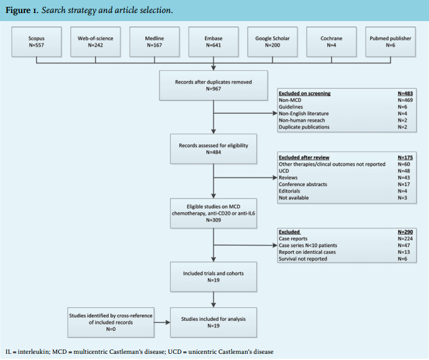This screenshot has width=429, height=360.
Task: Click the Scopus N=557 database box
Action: tap(37, 42)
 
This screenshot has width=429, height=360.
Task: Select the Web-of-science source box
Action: tap(95, 42)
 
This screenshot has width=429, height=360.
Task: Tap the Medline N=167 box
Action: tap(155, 42)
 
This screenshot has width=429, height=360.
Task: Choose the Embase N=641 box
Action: tap(214, 42)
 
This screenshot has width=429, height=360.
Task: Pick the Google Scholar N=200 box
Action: tap(273, 42)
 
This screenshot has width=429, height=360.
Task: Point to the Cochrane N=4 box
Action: tap(332, 42)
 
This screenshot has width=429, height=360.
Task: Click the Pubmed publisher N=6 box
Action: tap(391, 42)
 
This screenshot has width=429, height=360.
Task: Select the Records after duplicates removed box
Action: tap(214, 86)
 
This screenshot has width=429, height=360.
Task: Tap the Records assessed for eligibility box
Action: tap(214, 149)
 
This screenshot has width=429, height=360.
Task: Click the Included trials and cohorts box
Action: tap(214, 277)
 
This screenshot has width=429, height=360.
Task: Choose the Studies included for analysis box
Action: tap(214, 322)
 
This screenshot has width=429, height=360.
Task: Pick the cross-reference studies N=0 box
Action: tap(111, 322)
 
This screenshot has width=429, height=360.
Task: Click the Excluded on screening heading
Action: tap(304, 94)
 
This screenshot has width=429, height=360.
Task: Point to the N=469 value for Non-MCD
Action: tap(405, 100)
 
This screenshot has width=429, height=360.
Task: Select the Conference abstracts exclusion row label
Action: tap(303, 184)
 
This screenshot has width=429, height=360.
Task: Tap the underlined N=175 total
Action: tap(405, 158)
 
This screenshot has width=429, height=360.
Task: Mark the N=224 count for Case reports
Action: tap(405, 238)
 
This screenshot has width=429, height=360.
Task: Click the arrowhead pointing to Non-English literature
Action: tap(275, 113)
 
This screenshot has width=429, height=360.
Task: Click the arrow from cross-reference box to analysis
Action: tap(162, 322)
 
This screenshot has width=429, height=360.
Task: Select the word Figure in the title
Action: tap(18, 11)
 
